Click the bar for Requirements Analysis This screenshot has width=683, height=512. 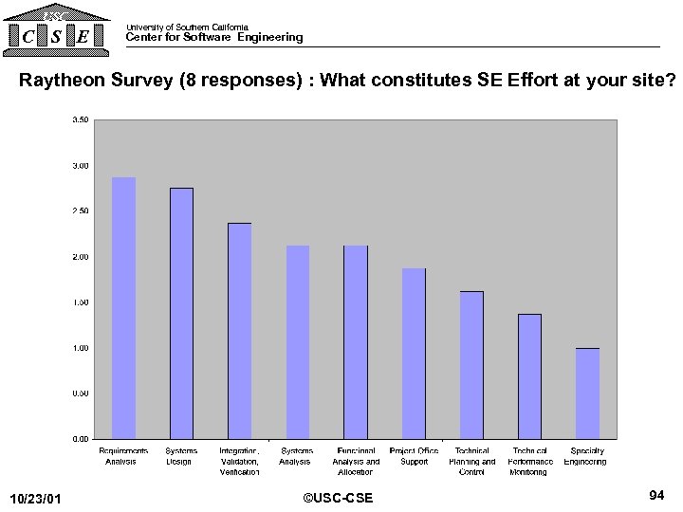point(124,308)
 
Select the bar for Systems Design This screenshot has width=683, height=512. point(181,313)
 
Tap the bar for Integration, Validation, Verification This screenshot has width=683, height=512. point(239,331)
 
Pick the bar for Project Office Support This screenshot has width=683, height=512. point(414,354)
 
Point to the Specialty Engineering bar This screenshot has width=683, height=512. point(587,393)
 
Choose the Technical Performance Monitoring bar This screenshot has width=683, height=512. point(529,376)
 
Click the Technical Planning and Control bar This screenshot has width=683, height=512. point(471,365)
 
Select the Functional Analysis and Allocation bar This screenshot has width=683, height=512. point(356,342)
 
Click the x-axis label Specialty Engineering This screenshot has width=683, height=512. point(586,456)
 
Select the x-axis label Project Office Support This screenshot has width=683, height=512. point(414,456)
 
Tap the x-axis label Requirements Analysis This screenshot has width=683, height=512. point(123,456)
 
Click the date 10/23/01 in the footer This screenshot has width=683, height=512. point(35,499)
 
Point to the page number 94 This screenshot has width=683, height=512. point(655,495)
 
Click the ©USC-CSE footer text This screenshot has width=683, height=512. point(338,498)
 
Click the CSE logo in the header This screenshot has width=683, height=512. point(56,28)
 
